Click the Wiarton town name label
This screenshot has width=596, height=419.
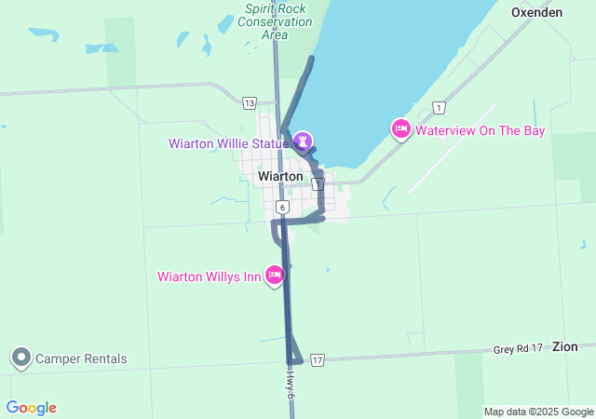pyautogui.click(x=280, y=176)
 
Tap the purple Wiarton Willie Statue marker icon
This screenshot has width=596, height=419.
pyautogui.click(x=302, y=141)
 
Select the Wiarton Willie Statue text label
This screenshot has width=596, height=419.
pyautogui.click(x=228, y=143)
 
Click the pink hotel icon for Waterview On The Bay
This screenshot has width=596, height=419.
pyautogui.click(x=400, y=129)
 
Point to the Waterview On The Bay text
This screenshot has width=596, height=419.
pyautogui.click(x=480, y=130)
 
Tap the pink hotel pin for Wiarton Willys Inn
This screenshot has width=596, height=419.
pyautogui.click(x=275, y=276)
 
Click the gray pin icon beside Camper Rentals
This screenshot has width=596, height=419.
pyautogui.click(x=20, y=358)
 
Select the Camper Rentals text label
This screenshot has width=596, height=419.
pyautogui.click(x=81, y=358)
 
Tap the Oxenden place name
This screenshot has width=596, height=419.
pyautogui.click(x=537, y=13)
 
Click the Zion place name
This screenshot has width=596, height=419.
pyautogui.click(x=564, y=346)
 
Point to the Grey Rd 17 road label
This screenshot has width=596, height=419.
pyautogui.click(x=517, y=349)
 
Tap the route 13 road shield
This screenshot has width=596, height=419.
pyautogui.click(x=248, y=102)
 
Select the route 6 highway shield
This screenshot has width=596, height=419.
pyautogui.click(x=281, y=206)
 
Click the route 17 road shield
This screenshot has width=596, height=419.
pyautogui.click(x=318, y=359)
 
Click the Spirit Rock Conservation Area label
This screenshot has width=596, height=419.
pyautogui.click(x=275, y=20)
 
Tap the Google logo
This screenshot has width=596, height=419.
pyautogui.click(x=31, y=408)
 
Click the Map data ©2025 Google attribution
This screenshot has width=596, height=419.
pyautogui.click(x=538, y=412)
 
